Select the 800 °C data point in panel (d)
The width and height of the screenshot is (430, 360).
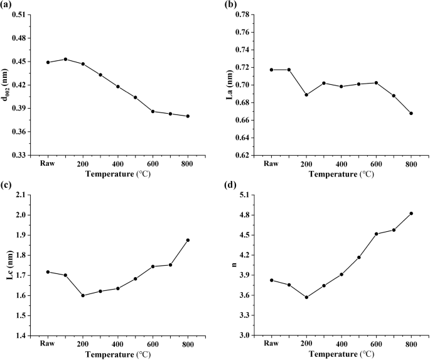411,214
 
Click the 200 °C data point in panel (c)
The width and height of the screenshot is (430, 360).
83,295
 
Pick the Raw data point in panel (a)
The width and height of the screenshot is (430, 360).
48,62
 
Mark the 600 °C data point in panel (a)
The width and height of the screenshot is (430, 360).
153,111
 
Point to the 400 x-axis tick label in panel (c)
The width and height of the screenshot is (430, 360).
118,344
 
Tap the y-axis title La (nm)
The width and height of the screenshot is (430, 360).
231,85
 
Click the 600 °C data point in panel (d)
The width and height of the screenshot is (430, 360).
377,234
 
